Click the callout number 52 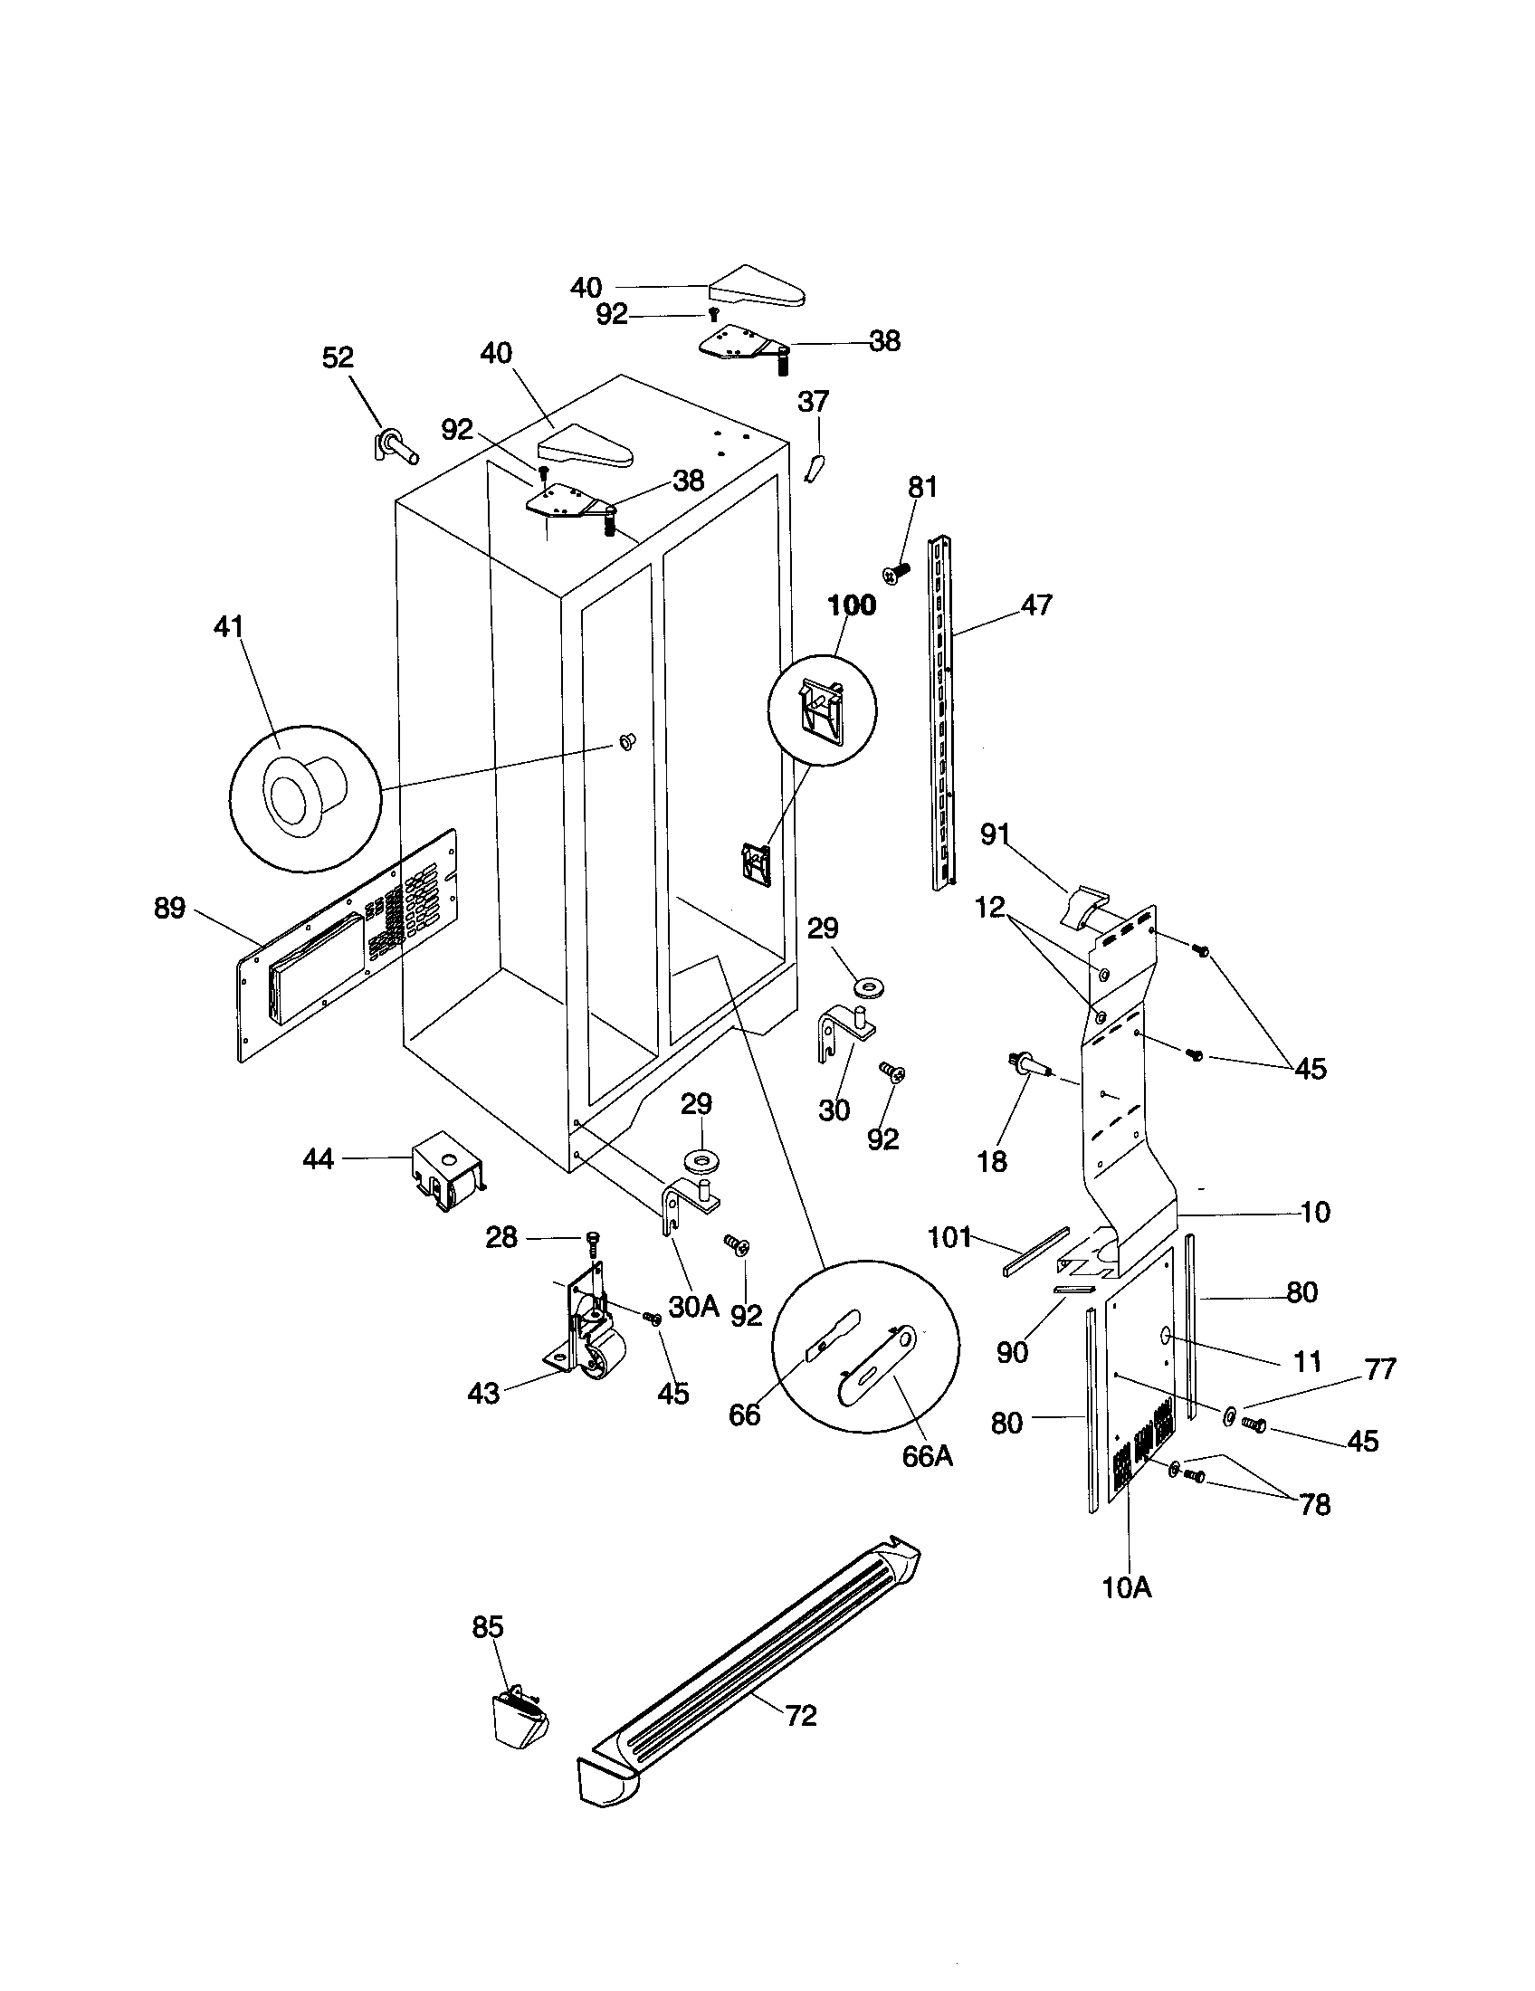338,357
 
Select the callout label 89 169,908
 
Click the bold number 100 852,605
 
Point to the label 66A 927,1456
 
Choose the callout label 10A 1127,1587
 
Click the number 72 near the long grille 800,1716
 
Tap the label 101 949,1238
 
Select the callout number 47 1037,605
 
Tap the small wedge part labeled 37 814,468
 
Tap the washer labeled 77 1230,1415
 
